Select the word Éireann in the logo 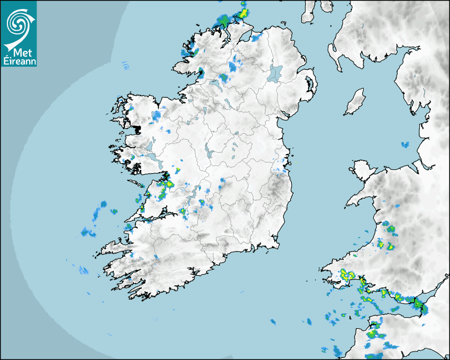(19, 61)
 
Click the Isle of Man (355, 102)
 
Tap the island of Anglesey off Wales (363, 168)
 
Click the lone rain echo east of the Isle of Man (406, 144)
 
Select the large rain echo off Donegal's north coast (224, 20)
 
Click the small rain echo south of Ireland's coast (273, 321)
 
